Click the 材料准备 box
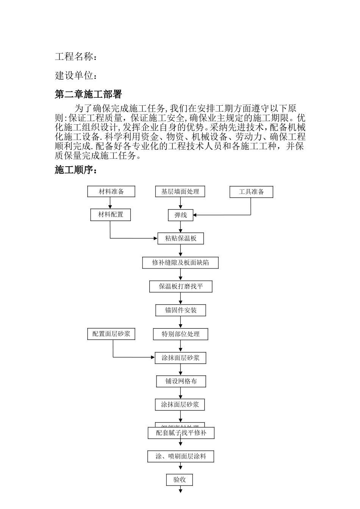[x=111, y=192]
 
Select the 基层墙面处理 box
[x=180, y=192]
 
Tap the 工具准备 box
[x=251, y=192]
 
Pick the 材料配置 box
[x=111, y=215]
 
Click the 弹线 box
[x=181, y=215]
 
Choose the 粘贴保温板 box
[x=181, y=239]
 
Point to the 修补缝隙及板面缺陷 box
[x=180, y=262]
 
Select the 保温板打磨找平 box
[x=181, y=287]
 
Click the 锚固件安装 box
[x=181, y=310]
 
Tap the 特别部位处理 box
[x=180, y=334]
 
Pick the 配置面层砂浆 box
[x=111, y=334]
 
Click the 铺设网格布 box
[x=181, y=381]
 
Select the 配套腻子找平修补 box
[x=181, y=433]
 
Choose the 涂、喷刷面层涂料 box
[x=181, y=456]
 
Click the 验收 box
[x=180, y=480]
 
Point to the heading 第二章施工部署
[x=88, y=94]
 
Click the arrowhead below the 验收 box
[x=180, y=491]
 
